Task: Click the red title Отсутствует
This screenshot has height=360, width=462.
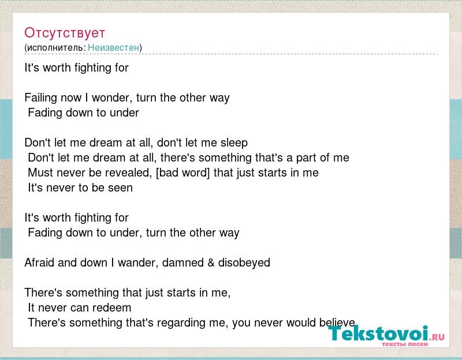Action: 65,33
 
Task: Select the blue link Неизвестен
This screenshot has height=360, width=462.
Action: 113,47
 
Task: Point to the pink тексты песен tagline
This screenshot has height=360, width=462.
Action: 405,344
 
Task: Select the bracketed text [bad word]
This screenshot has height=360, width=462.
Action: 182,172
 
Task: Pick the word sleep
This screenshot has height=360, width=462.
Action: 234,143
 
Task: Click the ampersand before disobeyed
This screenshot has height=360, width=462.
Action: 211,262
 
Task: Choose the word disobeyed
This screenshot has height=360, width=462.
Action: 244,263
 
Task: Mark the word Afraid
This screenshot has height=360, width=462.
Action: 39,262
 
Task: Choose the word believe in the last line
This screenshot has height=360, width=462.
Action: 337,322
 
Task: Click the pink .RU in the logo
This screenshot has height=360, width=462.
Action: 437,337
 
